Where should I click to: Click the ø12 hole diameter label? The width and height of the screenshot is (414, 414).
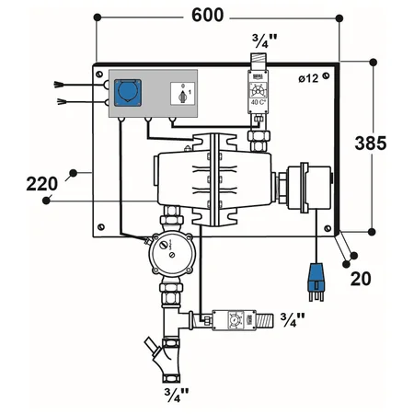pyautogui.click(x=309, y=79)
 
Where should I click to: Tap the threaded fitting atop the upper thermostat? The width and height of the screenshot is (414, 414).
pyautogui.click(x=259, y=63)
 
